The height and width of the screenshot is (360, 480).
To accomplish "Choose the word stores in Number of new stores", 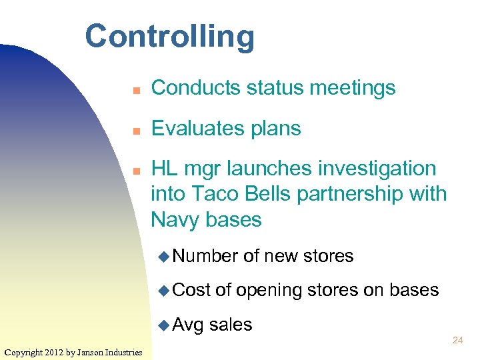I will click(328, 256).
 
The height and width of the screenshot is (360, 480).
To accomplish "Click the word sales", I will click(231, 325).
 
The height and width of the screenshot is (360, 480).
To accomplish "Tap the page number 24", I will click(457, 341).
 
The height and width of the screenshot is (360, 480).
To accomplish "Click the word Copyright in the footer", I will click(25, 352).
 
